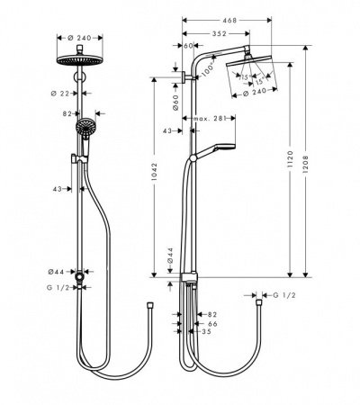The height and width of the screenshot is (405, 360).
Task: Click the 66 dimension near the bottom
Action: pos(212,323)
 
